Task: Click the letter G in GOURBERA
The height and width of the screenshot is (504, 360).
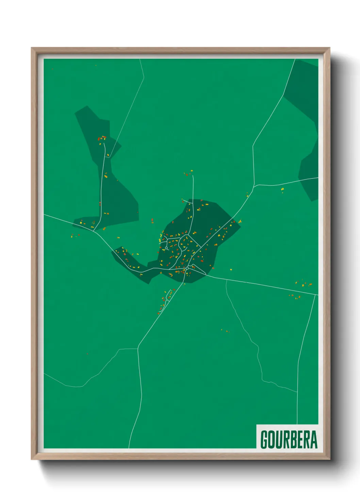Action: coord(264,440)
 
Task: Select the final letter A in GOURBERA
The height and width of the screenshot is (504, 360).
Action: coord(314,440)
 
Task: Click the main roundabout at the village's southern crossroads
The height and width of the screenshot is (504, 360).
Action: coord(187,268)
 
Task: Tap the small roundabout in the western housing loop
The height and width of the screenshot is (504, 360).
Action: coord(166,248)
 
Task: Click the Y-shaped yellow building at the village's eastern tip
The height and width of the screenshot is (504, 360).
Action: coord(240,222)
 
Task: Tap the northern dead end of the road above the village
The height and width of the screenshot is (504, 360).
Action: coord(193,176)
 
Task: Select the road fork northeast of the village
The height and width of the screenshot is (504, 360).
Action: coord(254,186)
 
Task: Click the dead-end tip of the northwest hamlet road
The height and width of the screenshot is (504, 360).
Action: coord(105,142)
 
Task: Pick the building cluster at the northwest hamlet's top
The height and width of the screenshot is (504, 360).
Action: coord(102,138)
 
